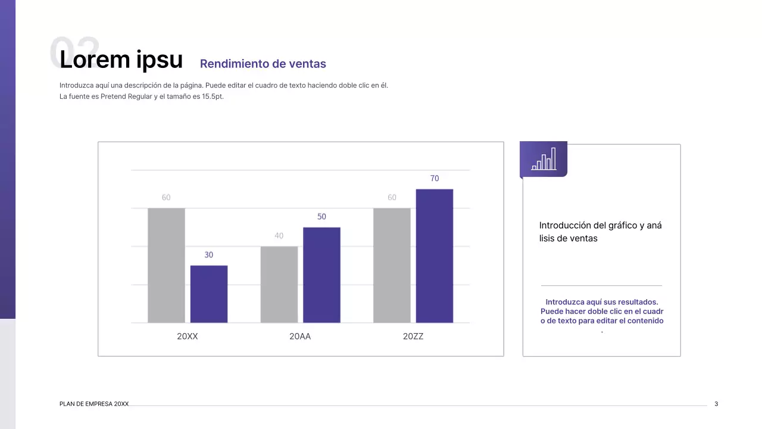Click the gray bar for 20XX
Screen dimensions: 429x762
click(166, 265)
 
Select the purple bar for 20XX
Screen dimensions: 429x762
click(209, 294)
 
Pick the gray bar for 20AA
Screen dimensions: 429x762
click(279, 284)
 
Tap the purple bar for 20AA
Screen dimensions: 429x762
click(321, 275)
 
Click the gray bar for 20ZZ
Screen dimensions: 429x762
click(392, 265)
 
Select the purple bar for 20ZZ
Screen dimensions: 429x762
click(434, 256)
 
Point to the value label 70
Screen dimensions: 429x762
click(435, 179)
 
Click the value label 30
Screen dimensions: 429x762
click(209, 255)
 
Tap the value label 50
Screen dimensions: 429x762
click(321, 217)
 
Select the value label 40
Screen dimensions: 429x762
click(279, 236)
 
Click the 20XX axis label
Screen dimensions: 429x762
click(188, 337)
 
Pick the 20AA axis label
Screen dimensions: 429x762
click(300, 337)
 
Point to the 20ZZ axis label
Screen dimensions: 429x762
click(413, 337)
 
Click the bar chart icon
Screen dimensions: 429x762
click(544, 159)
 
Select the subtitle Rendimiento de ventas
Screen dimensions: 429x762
click(263, 64)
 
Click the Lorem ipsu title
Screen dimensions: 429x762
click(121, 60)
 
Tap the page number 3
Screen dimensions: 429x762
click(716, 404)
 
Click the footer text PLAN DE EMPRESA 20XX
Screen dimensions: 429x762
click(94, 404)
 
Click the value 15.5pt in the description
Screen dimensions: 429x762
click(213, 97)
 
